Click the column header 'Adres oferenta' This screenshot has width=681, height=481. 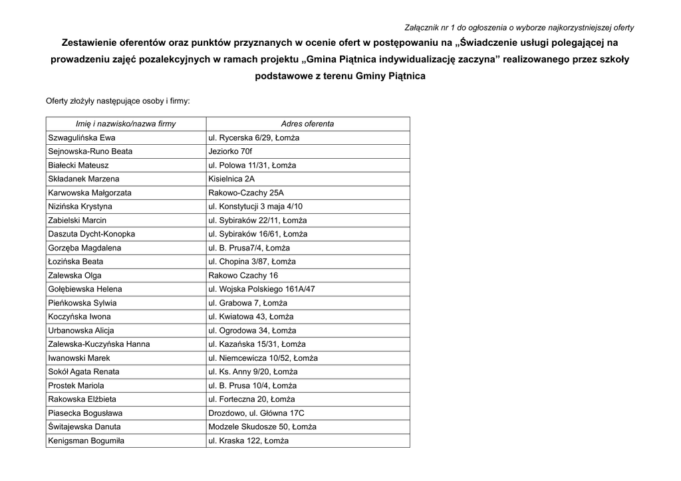coord(307,124)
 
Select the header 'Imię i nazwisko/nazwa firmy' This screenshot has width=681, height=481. coord(126,124)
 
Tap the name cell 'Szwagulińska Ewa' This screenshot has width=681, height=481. coord(82,138)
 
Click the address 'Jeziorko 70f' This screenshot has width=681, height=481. coord(231,151)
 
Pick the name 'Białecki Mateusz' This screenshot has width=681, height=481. coord(78,165)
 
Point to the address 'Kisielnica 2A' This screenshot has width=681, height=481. coord(231,179)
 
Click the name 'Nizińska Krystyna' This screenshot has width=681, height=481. coord(80,207)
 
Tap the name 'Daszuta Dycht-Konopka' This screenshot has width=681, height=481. coord(92,234)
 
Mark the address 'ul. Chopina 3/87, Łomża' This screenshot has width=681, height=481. coord(252,262)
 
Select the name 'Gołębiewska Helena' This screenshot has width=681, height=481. coord(85,289)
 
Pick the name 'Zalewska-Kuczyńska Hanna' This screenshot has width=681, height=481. coord(99,344)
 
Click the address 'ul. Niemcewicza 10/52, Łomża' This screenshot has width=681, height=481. coord(263,358)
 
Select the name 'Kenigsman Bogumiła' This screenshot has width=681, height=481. coord(86,440)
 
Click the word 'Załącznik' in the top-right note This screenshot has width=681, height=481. coord(422,28)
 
